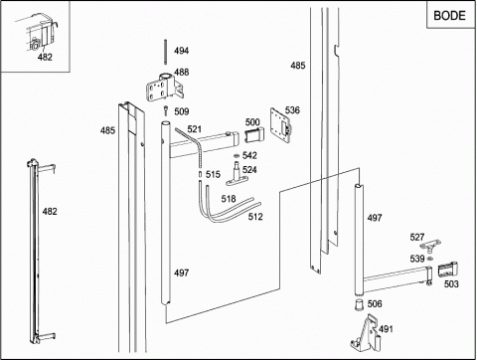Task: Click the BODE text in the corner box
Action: [x=449, y=16]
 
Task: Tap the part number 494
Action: [x=182, y=51]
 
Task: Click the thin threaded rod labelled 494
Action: [x=165, y=52]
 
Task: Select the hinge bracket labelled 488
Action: [x=165, y=88]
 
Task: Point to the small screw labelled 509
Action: [x=166, y=110]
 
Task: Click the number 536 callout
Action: [x=292, y=110]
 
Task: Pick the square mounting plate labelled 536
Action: [x=280, y=124]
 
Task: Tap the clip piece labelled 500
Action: [x=254, y=135]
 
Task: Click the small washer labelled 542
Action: [x=237, y=155]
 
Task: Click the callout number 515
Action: [x=213, y=174]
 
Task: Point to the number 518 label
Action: [x=229, y=199]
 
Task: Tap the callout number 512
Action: [x=255, y=217]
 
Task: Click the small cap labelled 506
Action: [x=359, y=304]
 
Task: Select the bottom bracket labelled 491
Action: [x=366, y=333]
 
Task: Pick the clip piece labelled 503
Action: [x=447, y=270]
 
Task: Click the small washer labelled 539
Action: [x=430, y=259]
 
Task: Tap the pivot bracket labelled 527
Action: [x=430, y=247]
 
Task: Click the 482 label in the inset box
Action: [x=45, y=57]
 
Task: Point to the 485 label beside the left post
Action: [x=107, y=130]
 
